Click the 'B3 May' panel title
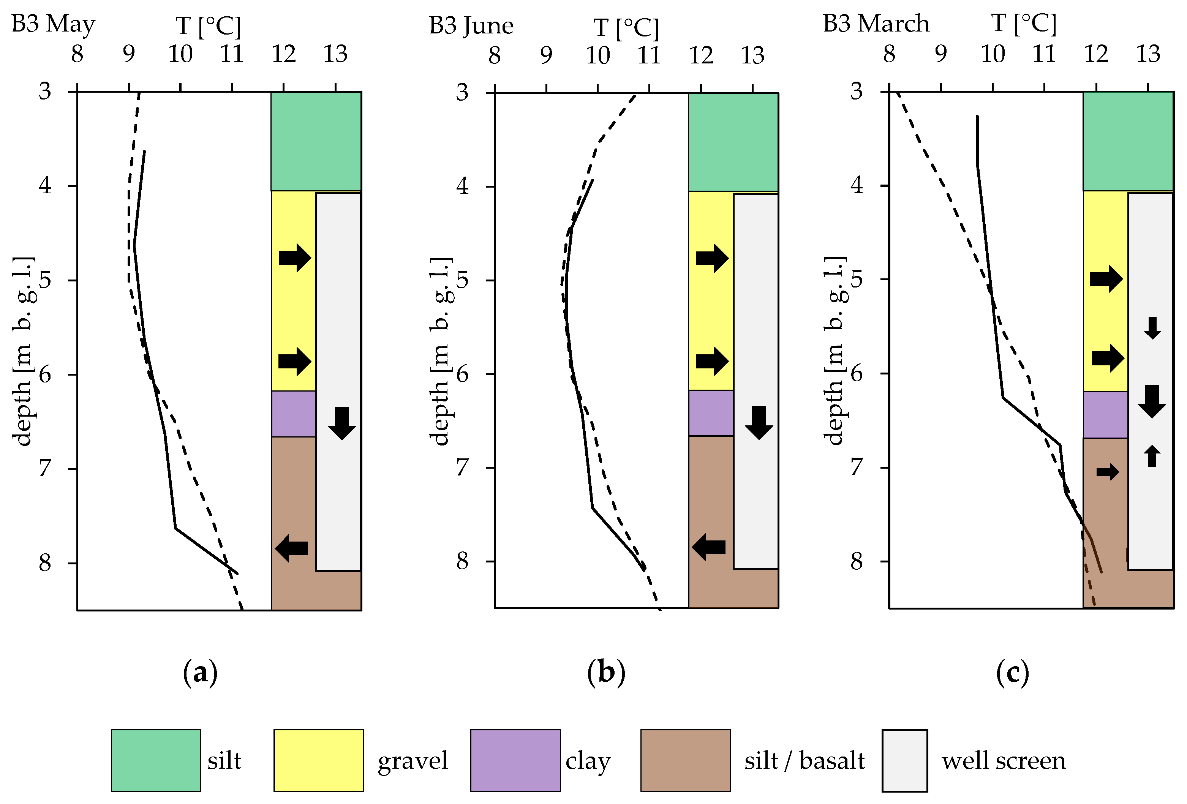[x=53, y=24]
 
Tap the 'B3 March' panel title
[x=876, y=24]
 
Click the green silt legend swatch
[x=156, y=760]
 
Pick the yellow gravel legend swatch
[x=318, y=760]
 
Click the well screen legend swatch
[x=904, y=760]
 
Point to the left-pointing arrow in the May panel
[x=292, y=548]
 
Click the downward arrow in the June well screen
[x=759, y=422]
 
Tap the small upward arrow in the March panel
[x=1152, y=456]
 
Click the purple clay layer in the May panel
[x=293, y=414]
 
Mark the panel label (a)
[x=200, y=673]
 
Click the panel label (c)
[x=1012, y=673]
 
